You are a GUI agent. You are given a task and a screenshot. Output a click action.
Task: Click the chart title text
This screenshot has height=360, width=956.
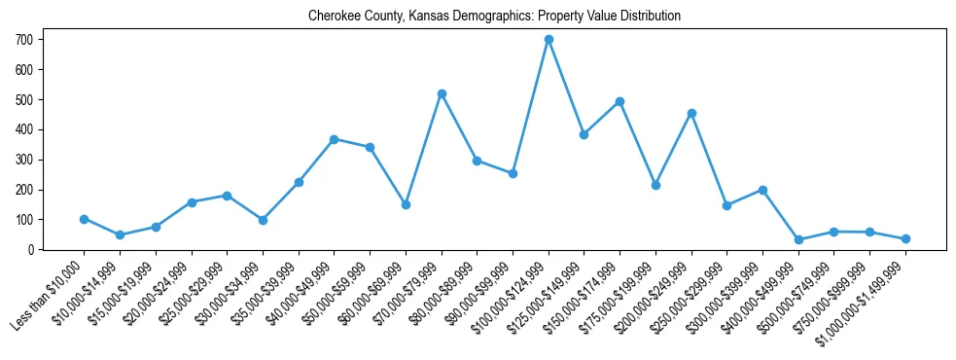click(x=494, y=17)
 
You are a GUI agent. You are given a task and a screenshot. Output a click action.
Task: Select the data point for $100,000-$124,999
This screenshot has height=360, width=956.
click(x=549, y=39)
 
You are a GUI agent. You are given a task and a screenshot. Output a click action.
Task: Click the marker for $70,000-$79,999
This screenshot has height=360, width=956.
click(x=442, y=93)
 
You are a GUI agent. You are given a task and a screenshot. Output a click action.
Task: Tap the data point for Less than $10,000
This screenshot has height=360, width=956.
click(x=85, y=219)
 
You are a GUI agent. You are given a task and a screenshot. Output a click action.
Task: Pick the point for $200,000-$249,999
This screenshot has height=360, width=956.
click(x=691, y=113)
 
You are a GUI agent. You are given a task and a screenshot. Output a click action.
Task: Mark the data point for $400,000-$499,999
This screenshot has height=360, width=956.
click(x=798, y=239)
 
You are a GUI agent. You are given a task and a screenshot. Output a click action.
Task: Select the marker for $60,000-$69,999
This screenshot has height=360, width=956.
click(x=406, y=204)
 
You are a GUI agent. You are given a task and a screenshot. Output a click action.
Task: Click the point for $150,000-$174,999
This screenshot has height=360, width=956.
click(x=620, y=101)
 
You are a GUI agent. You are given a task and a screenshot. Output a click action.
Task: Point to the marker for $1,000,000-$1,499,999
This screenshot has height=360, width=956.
click(x=905, y=238)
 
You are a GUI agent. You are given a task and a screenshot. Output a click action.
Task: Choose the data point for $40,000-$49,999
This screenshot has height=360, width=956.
click(x=335, y=139)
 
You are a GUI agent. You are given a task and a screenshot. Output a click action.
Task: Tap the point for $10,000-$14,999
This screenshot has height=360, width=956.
click(x=120, y=234)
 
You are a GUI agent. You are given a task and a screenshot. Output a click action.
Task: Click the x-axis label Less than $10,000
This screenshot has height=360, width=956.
click(x=49, y=297)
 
